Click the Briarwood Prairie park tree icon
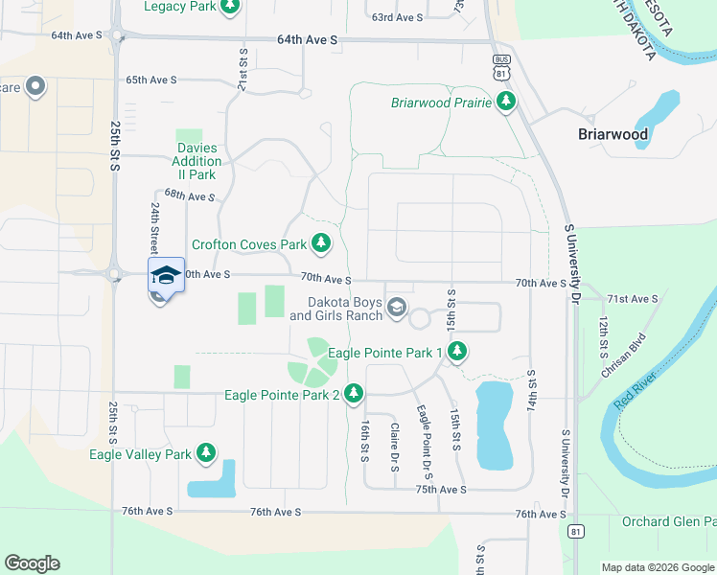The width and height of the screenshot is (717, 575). [x=507, y=102]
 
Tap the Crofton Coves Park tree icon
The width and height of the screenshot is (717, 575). [x=322, y=244]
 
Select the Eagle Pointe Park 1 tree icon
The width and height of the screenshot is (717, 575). [x=457, y=353]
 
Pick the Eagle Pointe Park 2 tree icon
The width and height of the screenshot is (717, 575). [x=354, y=393]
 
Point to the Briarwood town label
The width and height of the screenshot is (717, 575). [x=613, y=134]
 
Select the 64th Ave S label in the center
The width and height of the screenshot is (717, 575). [x=307, y=40]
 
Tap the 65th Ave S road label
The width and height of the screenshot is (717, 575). [x=150, y=80]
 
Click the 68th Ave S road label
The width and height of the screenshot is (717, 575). [x=189, y=195]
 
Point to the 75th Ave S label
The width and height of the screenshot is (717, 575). [x=441, y=489]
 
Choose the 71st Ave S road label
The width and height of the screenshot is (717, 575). [x=632, y=299]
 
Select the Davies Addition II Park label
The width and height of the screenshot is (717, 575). [x=197, y=161]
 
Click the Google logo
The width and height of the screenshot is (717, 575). [x=32, y=563]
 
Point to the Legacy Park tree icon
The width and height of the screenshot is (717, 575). [x=229, y=8]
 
